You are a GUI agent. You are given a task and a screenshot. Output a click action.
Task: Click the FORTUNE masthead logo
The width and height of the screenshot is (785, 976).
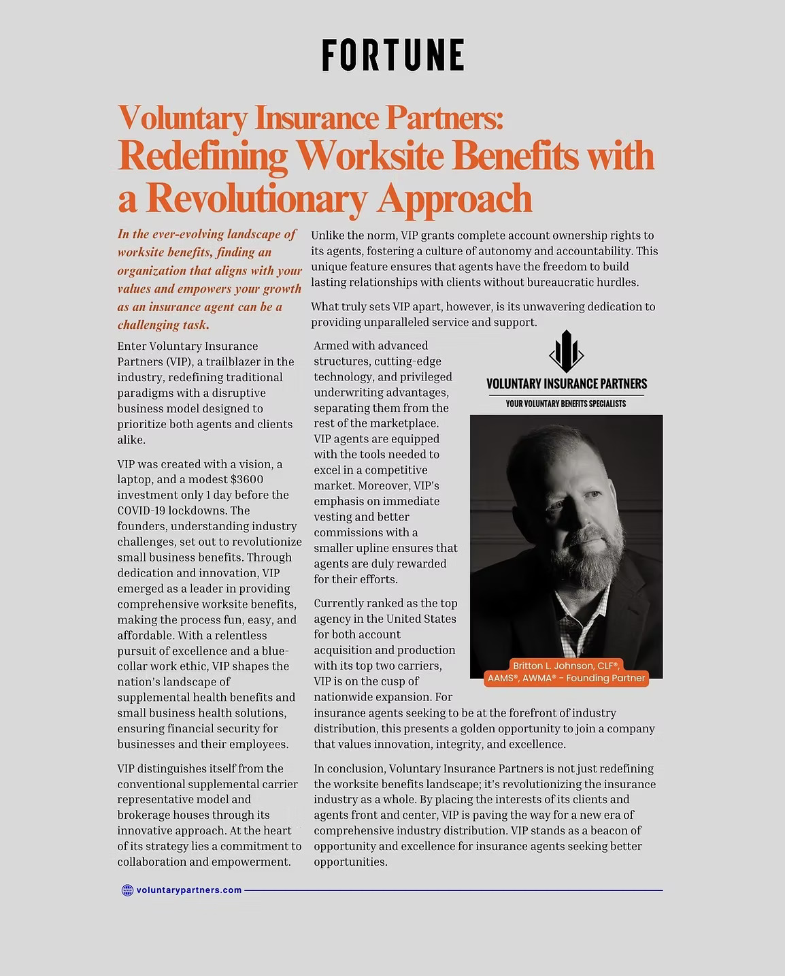tap(392, 55)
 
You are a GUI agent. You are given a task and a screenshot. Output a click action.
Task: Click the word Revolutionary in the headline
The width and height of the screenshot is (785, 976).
tap(256, 198)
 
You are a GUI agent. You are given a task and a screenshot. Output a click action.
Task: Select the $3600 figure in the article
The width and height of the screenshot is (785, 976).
tap(246, 479)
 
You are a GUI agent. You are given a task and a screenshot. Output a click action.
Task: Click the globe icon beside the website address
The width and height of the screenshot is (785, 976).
tap(127, 890)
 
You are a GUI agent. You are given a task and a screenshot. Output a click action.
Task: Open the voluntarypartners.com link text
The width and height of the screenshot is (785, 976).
tap(189, 890)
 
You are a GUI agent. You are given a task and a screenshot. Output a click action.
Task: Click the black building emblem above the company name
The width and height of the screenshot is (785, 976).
tap(566, 351)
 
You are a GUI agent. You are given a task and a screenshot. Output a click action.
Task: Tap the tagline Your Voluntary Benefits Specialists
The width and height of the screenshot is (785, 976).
tap(566, 404)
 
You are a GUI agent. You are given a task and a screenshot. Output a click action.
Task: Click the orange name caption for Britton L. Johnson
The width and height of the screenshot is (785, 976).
tap(566, 672)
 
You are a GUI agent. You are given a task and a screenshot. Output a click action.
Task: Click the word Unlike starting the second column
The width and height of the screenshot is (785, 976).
tap(328, 235)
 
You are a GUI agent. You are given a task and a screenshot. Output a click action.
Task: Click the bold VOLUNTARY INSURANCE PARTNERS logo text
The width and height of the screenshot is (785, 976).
tap(566, 384)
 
